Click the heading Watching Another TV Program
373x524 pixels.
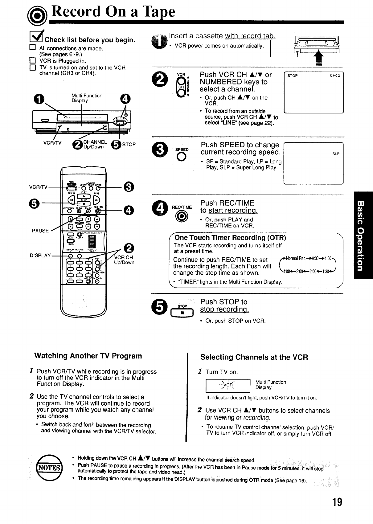[x=88, y=356]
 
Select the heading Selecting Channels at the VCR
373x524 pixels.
[x=254, y=357]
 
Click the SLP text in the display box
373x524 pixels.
[x=336, y=154]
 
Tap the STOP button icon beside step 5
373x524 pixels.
[x=182, y=313]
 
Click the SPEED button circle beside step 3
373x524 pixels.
[x=182, y=157]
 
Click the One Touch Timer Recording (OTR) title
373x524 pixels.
[x=230, y=238]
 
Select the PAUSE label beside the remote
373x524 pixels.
[x=40, y=231]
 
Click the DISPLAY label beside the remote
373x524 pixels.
[x=40, y=256]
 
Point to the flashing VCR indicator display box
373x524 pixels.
[x=227, y=386]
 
